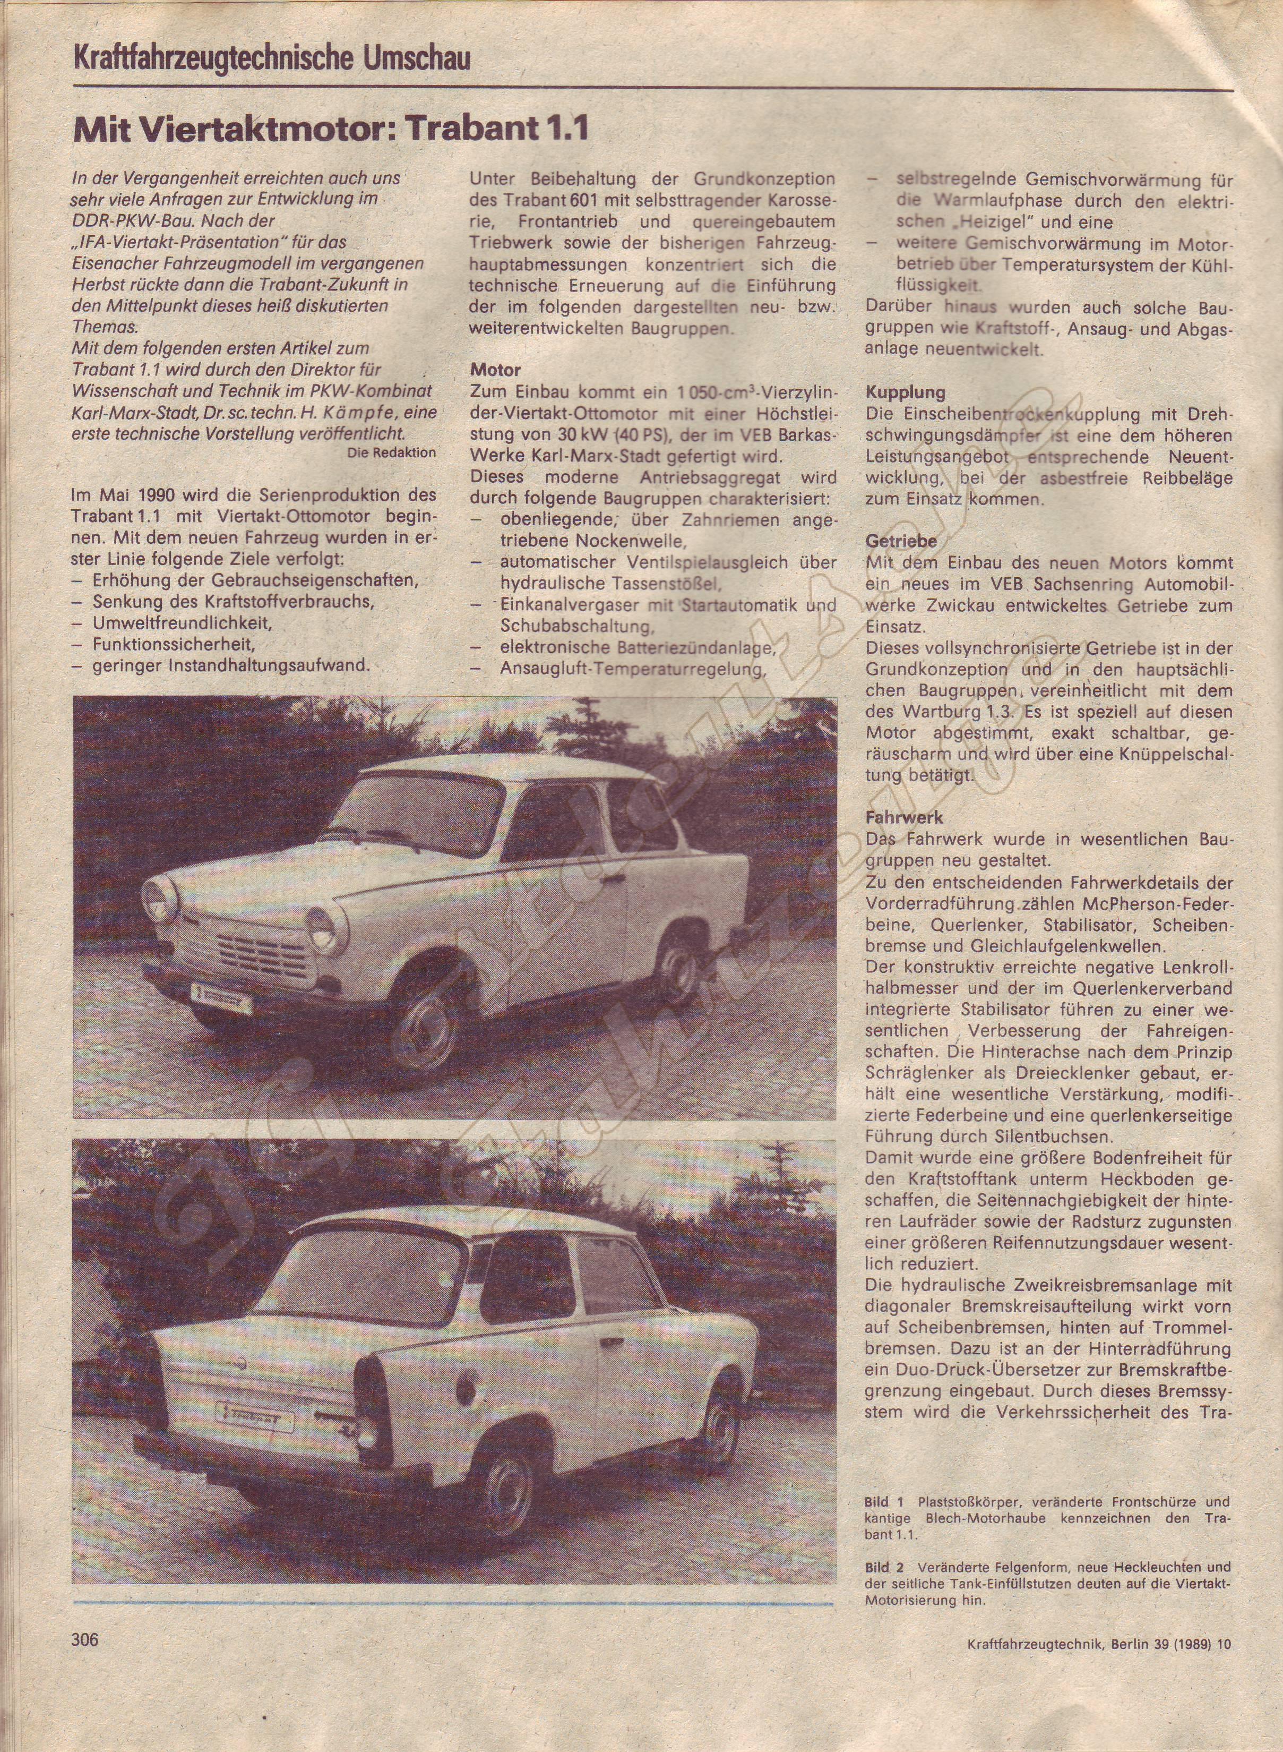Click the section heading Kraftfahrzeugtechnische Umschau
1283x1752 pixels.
[x=272, y=59]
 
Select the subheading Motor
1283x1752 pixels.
[x=495, y=371]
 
